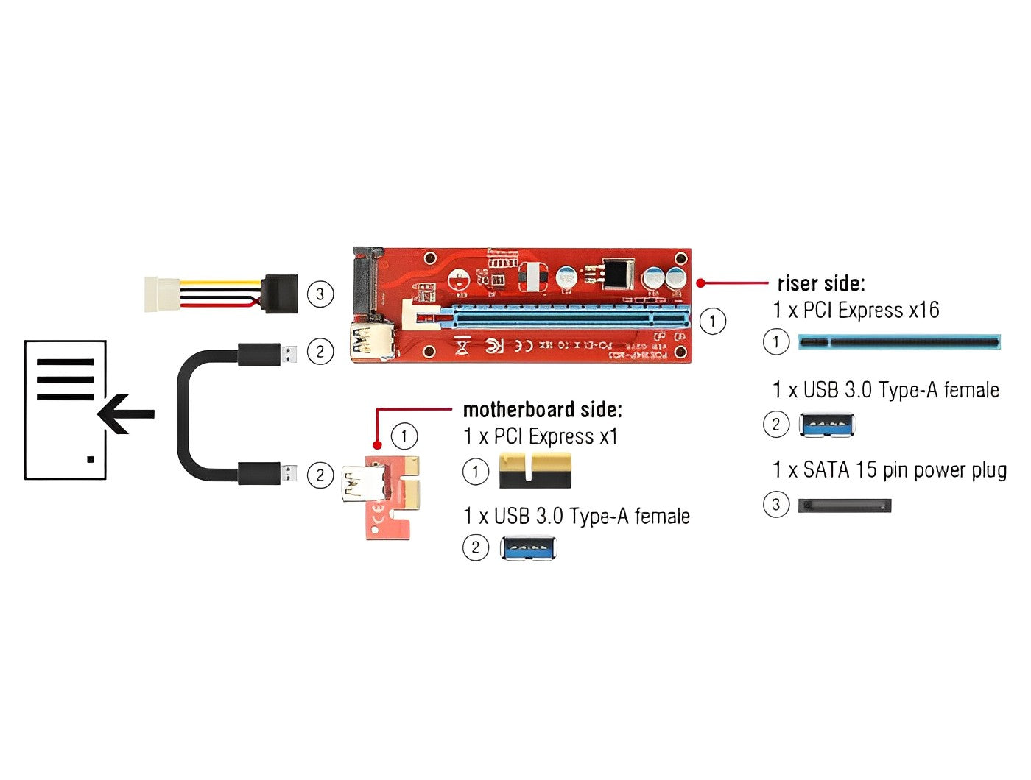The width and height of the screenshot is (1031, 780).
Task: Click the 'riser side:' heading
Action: tap(820, 283)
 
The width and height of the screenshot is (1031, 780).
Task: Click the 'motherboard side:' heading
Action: tap(542, 409)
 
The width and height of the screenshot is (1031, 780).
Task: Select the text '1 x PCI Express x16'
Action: tap(856, 311)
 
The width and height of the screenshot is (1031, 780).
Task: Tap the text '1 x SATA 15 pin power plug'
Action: tap(890, 469)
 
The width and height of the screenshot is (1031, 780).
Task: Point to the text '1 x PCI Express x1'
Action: tap(541, 436)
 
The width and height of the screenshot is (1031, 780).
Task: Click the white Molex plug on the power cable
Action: tap(161, 294)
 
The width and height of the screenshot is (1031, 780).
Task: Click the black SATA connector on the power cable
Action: tap(280, 294)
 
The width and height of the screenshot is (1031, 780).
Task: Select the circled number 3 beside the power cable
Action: tap(320, 294)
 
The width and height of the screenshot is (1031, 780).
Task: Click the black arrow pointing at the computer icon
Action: tap(125, 414)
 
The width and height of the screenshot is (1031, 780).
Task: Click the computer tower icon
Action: tap(66, 410)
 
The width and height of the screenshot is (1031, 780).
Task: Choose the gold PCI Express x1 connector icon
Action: tap(535, 471)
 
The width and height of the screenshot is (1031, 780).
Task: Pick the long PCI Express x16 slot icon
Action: tap(899, 342)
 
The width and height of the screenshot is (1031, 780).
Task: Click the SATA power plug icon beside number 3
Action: tap(844, 506)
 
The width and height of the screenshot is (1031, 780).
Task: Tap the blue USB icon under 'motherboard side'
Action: tap(528, 548)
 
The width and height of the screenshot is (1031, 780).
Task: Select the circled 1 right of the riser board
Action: tap(711, 321)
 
